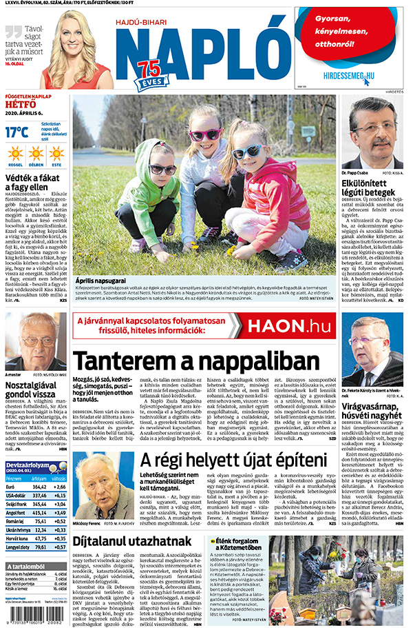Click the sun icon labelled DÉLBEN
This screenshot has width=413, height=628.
pyautogui.click(x=36, y=153)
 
